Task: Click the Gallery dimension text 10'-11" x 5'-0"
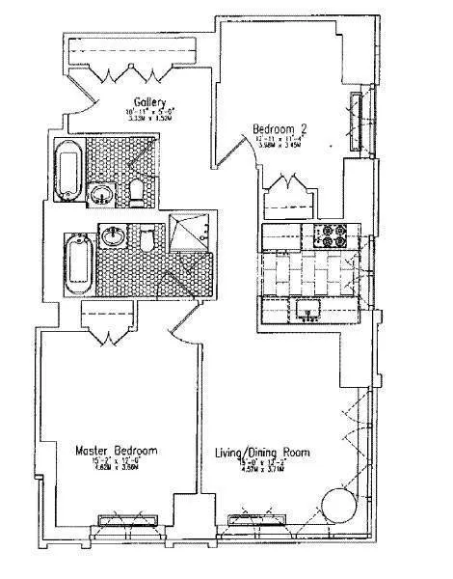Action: pyautogui.click(x=149, y=114)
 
